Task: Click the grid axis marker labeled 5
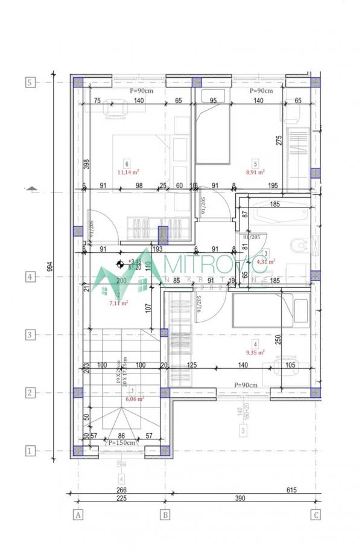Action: pyautogui.click(x=30, y=82)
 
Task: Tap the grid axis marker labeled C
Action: pyautogui.click(x=315, y=515)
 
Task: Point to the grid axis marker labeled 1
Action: pyautogui.click(x=30, y=450)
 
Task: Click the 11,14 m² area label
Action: pyautogui.click(x=128, y=171)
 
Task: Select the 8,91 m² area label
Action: pyautogui.click(x=256, y=171)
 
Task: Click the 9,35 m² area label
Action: pyautogui.click(x=256, y=352)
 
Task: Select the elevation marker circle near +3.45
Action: pyautogui.click(x=120, y=264)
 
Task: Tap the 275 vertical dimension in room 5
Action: pyautogui.click(x=279, y=140)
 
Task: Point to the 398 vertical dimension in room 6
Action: pyautogui.click(x=87, y=164)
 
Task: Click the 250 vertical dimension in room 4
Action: pyautogui.click(x=279, y=340)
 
